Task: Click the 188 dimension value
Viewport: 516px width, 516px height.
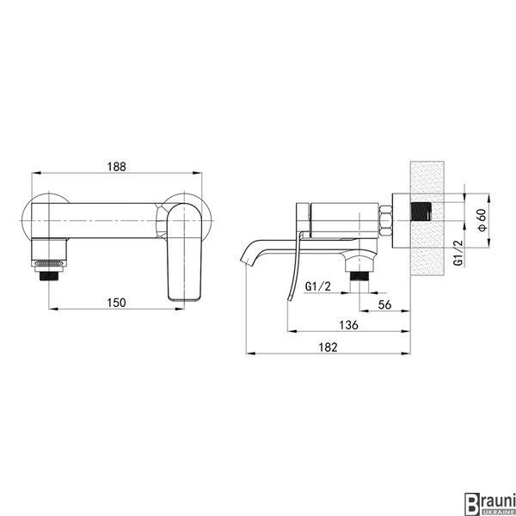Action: pyautogui.click(x=116, y=167)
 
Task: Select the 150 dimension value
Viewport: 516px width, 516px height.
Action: pyautogui.click(x=116, y=303)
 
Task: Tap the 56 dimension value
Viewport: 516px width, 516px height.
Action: pyautogui.click(x=384, y=304)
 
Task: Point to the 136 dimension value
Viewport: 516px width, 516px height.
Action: pyautogui.click(x=348, y=325)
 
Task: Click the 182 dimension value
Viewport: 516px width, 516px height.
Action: pyautogui.click(x=329, y=347)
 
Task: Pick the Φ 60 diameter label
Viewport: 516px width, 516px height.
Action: pyautogui.click(x=482, y=220)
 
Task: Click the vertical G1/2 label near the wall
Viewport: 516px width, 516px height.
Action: pyautogui.click(x=458, y=253)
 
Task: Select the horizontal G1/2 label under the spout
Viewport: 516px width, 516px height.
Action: pyautogui.click(x=318, y=286)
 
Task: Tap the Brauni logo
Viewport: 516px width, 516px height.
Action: pyautogui.click(x=489, y=503)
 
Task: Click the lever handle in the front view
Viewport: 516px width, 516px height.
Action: pyautogui.click(x=184, y=252)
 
